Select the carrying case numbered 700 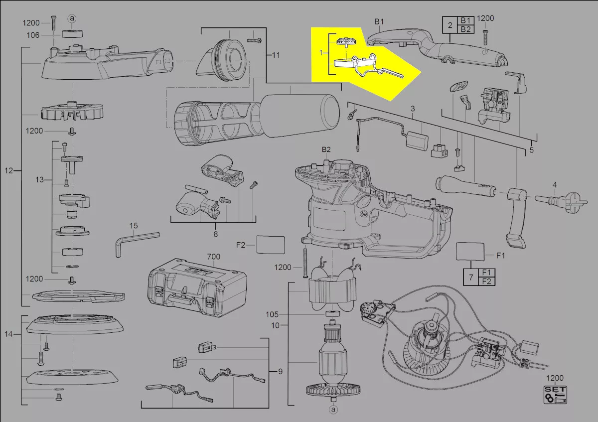197,288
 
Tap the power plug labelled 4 561,201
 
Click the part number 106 33,35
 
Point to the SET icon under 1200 555,395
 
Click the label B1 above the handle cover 379,21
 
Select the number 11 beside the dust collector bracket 276,55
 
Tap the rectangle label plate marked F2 271,245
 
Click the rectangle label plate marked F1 470,251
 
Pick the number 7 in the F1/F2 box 471,277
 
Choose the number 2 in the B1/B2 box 450,25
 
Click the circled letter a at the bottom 333,410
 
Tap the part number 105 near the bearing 272,314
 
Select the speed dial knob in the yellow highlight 346,42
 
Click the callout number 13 39,180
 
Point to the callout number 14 8,334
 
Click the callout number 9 280,372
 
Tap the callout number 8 216,234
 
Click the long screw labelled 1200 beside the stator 305,263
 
